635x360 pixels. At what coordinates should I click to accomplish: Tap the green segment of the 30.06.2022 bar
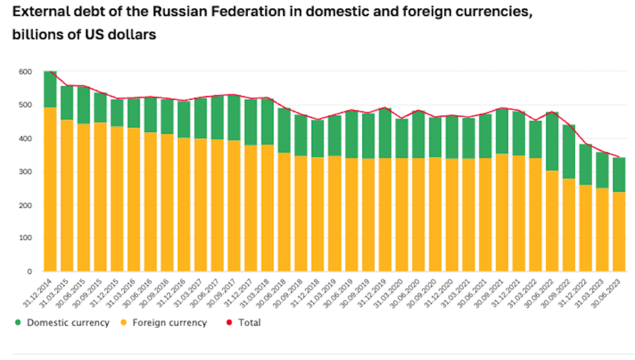552,141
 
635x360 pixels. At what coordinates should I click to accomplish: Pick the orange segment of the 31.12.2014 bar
50,188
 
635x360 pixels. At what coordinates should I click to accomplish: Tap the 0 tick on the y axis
30,271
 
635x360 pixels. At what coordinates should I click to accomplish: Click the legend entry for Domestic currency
67,323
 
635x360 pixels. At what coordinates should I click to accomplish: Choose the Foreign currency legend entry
170,323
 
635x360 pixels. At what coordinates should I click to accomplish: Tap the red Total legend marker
229,323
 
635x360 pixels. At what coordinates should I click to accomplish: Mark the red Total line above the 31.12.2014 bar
50,71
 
